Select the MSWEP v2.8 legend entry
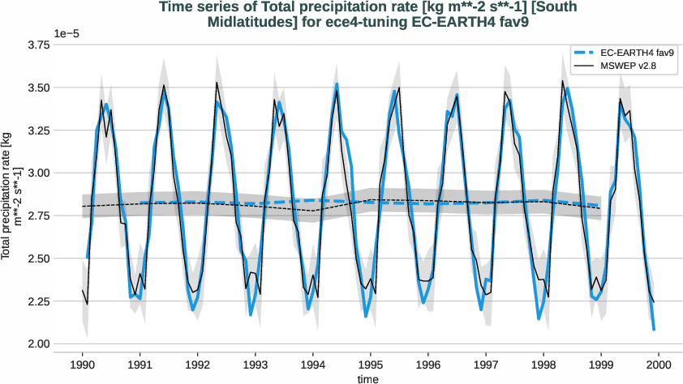coord(622,66)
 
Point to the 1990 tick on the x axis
coord(83,365)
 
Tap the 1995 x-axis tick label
coord(371,365)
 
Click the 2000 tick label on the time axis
coord(658,365)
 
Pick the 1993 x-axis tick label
coord(256,365)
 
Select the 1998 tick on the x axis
coord(543,365)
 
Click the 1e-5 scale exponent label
coord(70,33)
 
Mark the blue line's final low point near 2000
coord(654,330)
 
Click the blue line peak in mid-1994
coord(337,84)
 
